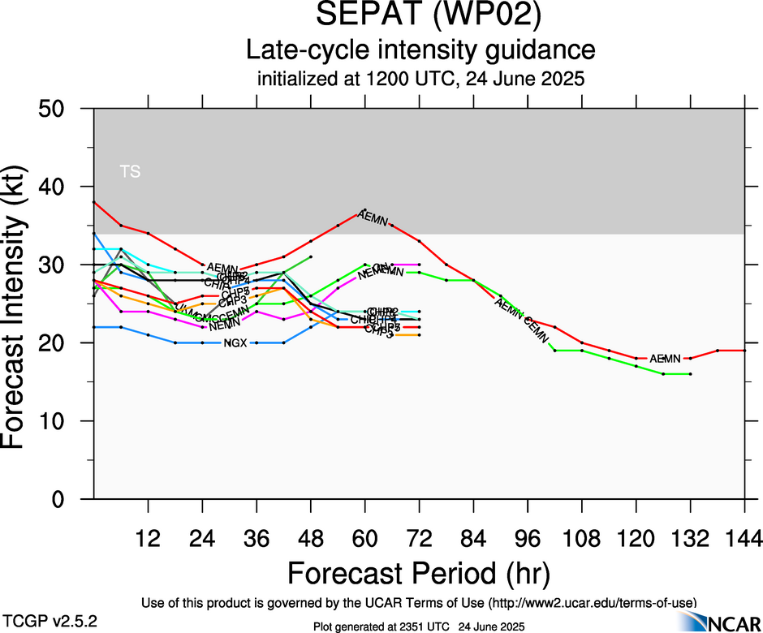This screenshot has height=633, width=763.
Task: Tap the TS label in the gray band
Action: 130,171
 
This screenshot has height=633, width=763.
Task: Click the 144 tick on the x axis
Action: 744,539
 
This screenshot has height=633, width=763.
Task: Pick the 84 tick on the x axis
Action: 473,539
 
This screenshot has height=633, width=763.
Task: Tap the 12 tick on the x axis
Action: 148,539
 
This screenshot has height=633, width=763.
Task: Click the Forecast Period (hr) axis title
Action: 419,573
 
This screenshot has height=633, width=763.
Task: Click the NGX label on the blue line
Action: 235,343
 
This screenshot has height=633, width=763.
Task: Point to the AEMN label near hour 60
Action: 373,217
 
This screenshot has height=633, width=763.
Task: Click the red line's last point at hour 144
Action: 744,351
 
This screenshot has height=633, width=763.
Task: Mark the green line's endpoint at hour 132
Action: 690,374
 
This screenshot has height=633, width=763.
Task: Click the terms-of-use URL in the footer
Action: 591,603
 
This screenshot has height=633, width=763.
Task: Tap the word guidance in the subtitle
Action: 539,50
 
